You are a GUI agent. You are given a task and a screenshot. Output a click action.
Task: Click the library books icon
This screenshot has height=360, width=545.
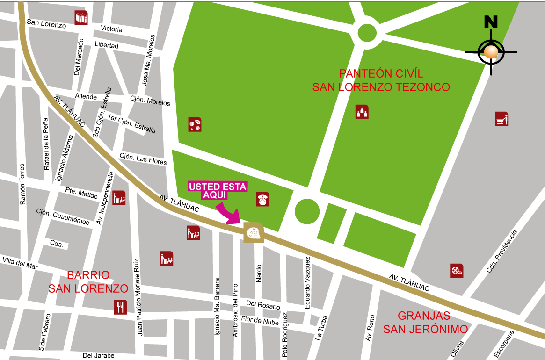[81, 18]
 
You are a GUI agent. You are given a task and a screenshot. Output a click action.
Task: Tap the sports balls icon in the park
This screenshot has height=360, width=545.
[195, 124]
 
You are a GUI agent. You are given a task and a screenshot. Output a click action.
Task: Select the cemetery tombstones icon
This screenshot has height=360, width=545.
[362, 112]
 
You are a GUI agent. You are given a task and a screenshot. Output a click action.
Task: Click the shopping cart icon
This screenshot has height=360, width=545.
[501, 119]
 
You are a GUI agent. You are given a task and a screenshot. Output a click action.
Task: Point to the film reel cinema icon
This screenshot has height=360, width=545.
[457, 271]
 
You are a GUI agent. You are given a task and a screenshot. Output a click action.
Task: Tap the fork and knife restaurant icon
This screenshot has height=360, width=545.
[120, 307]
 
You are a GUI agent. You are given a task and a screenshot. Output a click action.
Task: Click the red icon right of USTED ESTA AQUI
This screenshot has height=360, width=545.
[263, 199]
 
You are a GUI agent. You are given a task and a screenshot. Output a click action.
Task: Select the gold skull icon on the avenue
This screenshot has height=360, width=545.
[253, 232]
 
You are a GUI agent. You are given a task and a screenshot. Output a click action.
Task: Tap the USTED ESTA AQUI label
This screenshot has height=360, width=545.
[218, 191]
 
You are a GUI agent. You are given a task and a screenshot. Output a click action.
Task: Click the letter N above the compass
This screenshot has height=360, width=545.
[491, 22]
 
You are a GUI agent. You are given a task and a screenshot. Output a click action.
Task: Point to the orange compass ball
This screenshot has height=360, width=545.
[491, 52]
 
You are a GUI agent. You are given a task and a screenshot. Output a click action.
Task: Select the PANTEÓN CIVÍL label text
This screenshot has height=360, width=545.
[381, 74]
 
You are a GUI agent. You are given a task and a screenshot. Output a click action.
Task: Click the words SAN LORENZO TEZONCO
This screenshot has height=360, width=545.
[381, 87]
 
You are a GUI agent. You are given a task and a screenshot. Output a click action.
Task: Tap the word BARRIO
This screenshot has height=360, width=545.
[88, 275]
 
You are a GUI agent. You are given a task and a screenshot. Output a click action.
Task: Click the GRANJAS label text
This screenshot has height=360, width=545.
[424, 316]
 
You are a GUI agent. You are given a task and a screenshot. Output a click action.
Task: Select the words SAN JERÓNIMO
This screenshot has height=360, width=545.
[425, 330]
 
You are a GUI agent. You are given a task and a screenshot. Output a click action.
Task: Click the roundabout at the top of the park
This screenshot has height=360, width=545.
[366, 33]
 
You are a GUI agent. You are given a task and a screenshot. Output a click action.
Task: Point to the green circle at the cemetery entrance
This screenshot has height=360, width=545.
[307, 211]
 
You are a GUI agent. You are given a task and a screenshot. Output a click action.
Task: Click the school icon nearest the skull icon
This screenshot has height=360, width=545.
[193, 232]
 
